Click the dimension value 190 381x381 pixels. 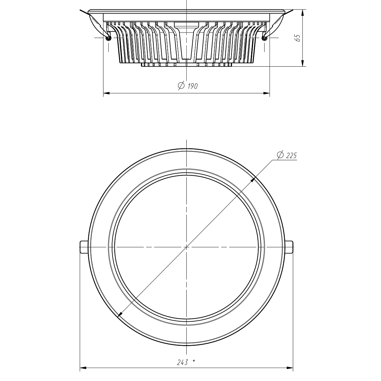[x=192, y=86]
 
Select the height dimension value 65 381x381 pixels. [x=297, y=38]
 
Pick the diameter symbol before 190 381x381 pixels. [x=181, y=85]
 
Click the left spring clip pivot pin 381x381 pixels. [x=108, y=38]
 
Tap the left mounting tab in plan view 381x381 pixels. [x=84, y=247]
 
